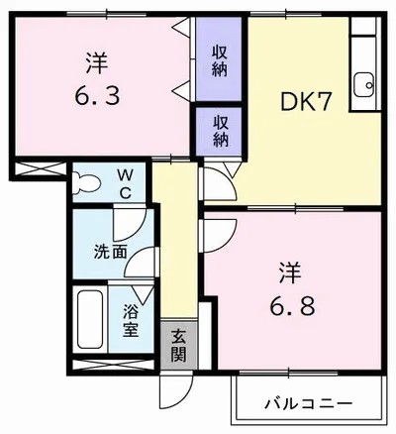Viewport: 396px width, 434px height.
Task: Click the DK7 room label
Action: (305, 101)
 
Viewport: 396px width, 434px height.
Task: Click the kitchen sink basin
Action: (364, 84)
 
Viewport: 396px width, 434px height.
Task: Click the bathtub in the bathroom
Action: (90, 319)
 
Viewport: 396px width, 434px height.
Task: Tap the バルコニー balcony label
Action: (309, 403)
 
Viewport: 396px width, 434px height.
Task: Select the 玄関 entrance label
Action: (179, 345)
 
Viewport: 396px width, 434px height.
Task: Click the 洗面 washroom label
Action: (111, 252)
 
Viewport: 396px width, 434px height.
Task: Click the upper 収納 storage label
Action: (220, 60)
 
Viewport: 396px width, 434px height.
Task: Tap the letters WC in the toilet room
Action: (125, 184)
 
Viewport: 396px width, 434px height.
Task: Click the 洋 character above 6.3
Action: (97, 63)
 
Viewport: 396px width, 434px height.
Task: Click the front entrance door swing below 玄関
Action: (175, 392)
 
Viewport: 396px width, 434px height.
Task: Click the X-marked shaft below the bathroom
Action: (112, 367)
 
